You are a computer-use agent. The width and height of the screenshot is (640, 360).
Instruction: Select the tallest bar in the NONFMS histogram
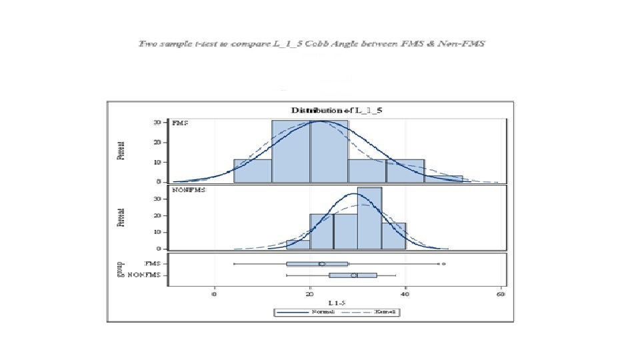pos(369,218)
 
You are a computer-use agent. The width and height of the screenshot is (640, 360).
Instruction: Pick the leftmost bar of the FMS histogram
pos(253,171)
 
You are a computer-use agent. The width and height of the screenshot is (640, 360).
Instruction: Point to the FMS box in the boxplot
pos(317,264)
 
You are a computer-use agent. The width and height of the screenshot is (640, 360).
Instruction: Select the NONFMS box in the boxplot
pos(353,275)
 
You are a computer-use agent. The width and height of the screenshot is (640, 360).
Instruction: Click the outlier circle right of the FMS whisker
pos(444,264)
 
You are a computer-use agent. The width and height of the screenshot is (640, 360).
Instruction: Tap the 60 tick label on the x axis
pos(501,294)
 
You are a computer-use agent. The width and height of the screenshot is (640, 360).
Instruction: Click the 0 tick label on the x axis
pos(215,294)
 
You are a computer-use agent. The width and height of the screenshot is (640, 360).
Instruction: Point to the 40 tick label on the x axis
pos(406,294)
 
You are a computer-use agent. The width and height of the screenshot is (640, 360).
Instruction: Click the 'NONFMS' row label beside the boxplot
pos(149,275)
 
